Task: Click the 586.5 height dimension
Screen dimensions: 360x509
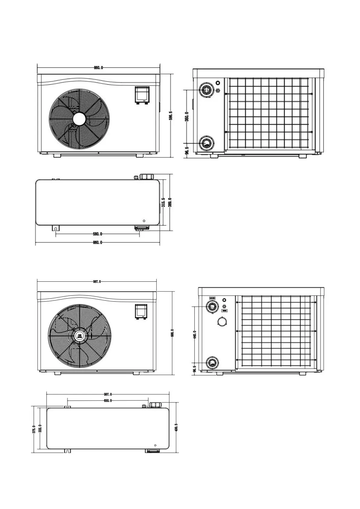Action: [x=170, y=116]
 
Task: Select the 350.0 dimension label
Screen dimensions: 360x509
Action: [x=187, y=116]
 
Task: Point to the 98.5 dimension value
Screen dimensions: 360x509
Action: [x=187, y=151]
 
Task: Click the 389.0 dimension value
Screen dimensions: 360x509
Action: [x=170, y=202]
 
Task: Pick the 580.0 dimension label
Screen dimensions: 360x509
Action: [x=97, y=234]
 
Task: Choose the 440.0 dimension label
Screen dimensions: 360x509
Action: [x=195, y=335]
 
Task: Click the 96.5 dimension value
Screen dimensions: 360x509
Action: [x=195, y=369]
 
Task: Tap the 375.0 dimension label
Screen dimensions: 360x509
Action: [x=34, y=430]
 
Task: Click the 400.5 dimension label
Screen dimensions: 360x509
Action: [x=176, y=427]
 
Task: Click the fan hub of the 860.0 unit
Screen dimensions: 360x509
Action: [x=79, y=119]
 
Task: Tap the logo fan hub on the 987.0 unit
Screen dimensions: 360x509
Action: [x=80, y=336]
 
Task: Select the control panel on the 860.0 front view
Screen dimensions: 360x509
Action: [x=141, y=95]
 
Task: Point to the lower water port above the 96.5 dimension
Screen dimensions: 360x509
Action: [x=212, y=362]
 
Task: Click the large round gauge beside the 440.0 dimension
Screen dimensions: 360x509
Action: [x=222, y=322]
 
